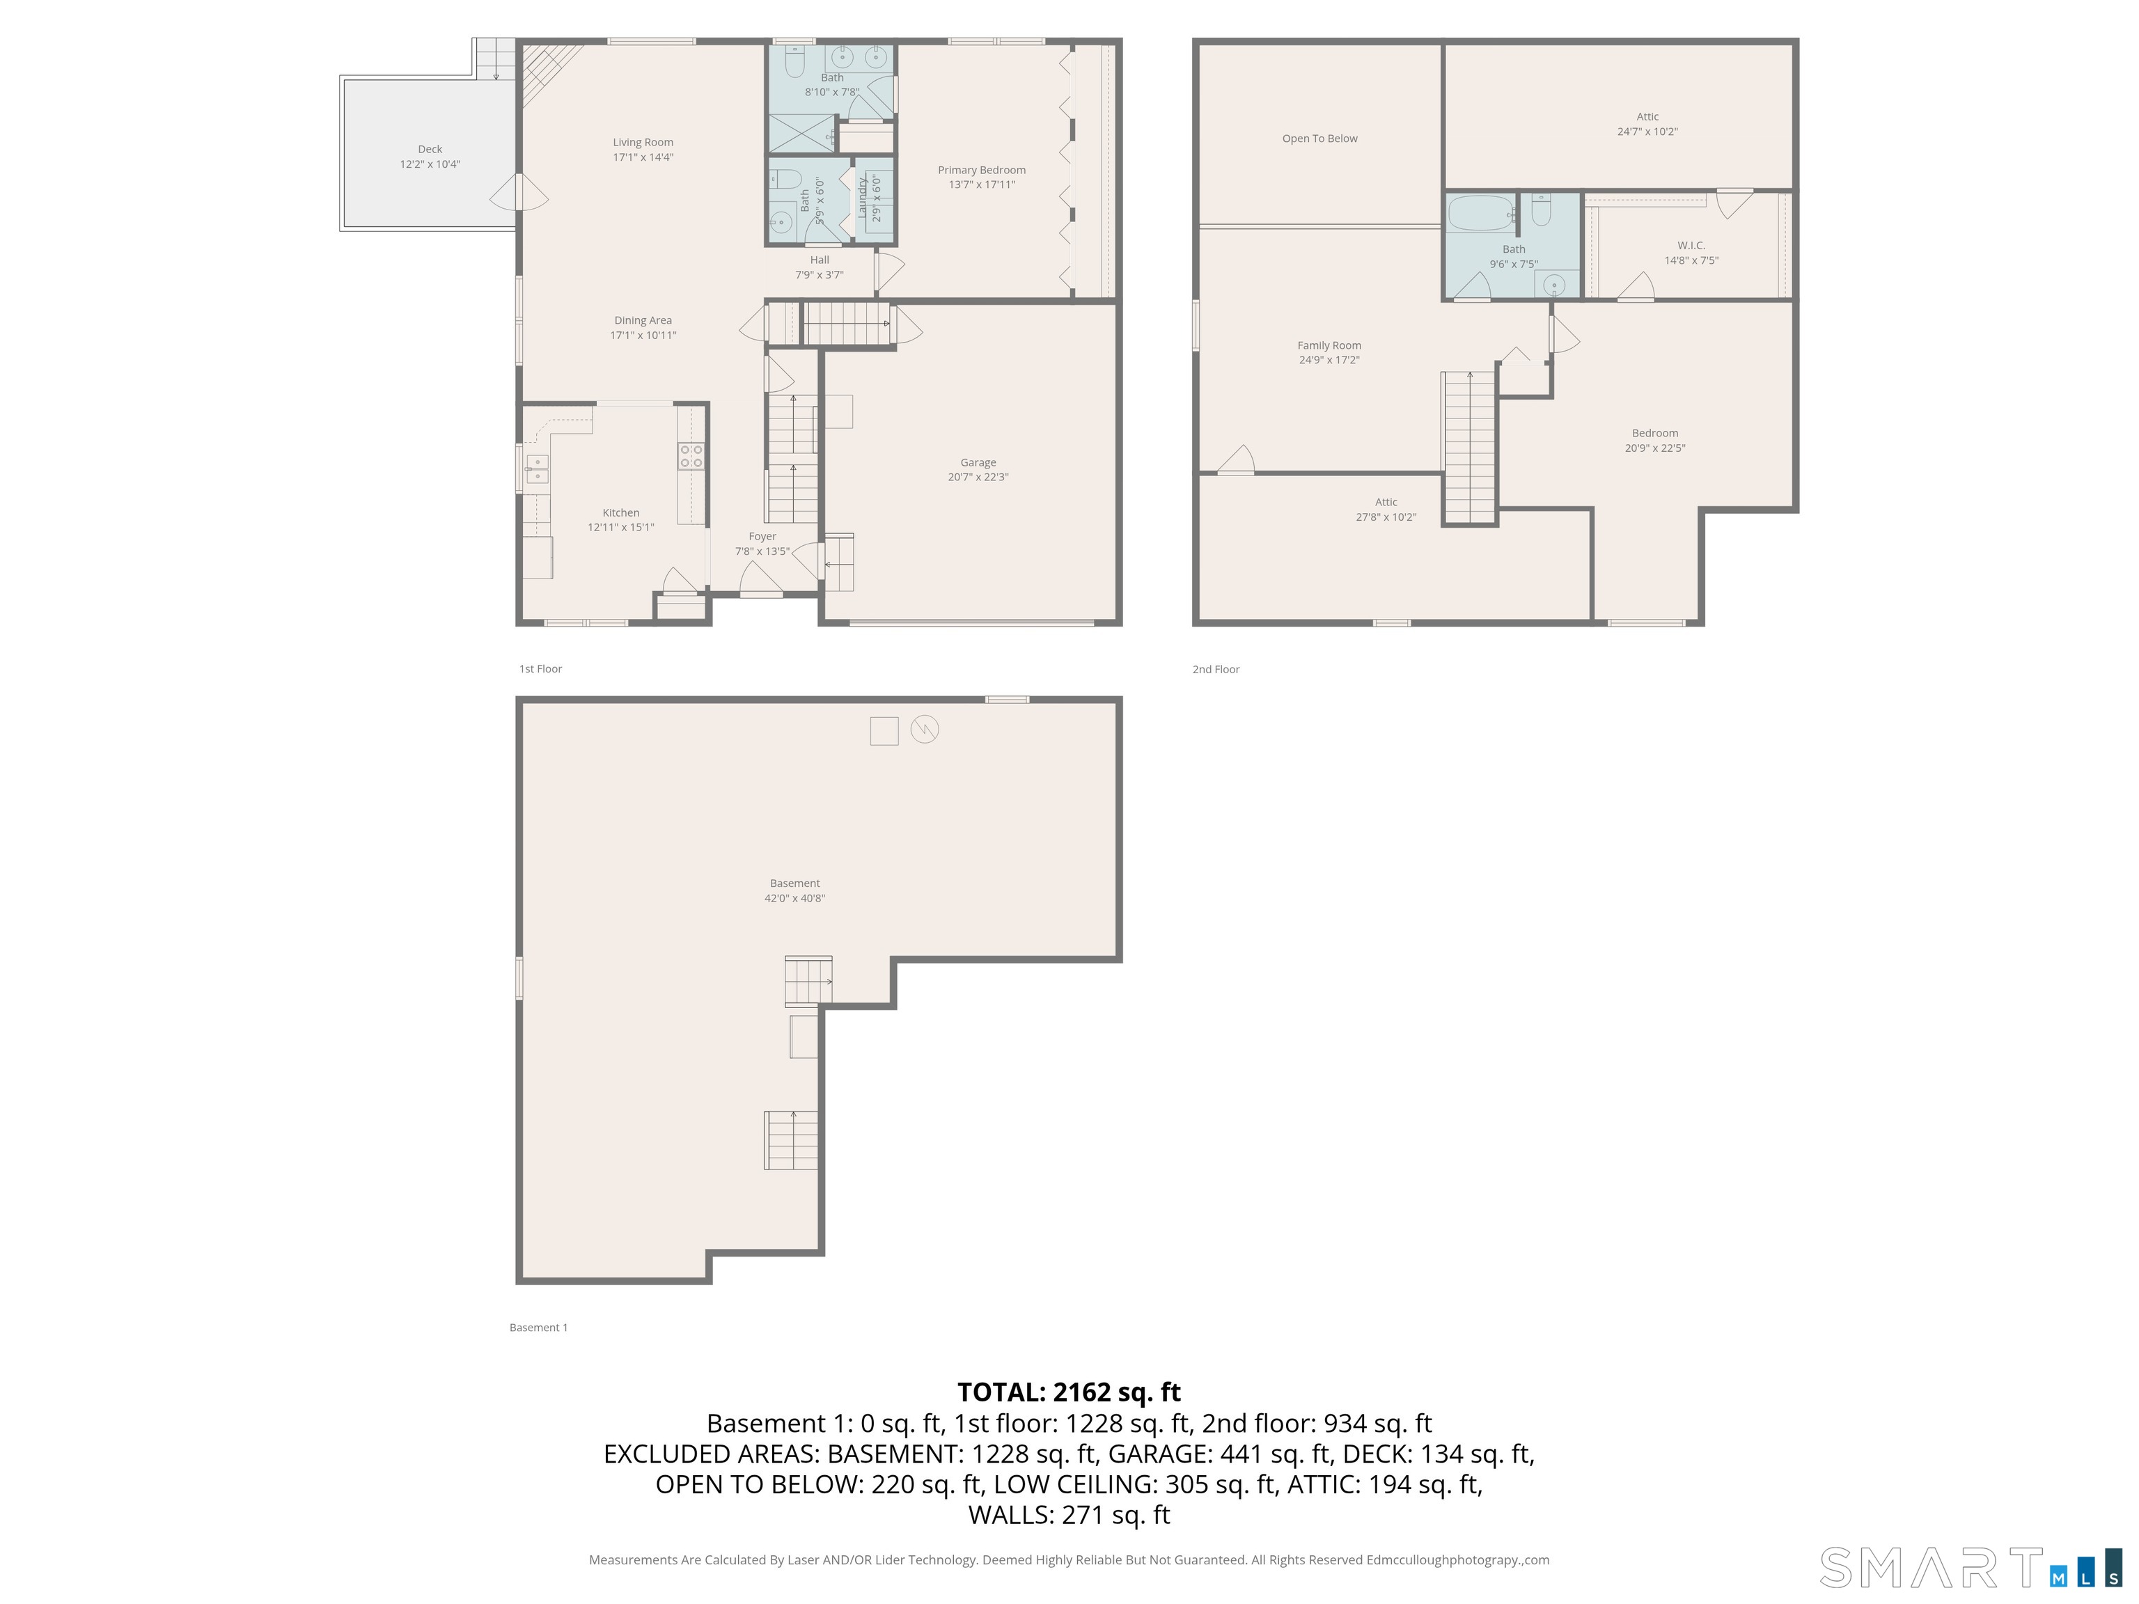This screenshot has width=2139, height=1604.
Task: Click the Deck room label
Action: coord(430,150)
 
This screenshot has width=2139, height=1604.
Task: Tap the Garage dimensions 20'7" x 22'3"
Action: coord(978,478)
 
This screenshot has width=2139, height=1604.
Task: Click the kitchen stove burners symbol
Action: coord(691,457)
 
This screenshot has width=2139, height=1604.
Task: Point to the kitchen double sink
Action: coord(537,469)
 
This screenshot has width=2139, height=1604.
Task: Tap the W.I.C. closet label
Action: coord(1691,246)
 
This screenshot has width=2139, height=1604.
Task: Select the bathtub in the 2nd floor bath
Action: coord(1480,214)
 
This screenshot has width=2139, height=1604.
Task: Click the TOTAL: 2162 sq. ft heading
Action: coord(1069,1392)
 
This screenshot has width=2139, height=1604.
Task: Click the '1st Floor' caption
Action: coord(540,669)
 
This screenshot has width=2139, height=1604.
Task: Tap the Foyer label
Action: coord(762,537)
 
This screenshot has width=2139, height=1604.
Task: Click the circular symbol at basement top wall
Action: coord(925,729)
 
